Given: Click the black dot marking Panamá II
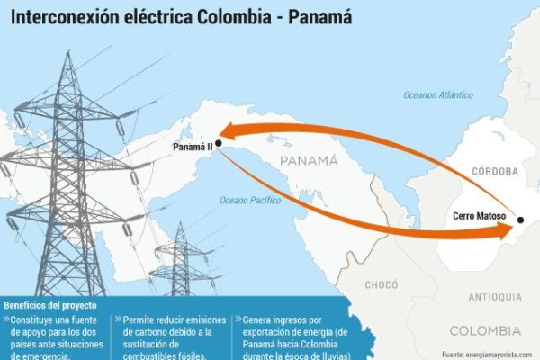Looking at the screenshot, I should pos(219,142).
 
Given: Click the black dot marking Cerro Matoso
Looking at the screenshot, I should pos(520,220).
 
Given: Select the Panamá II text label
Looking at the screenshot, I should pos(192,146).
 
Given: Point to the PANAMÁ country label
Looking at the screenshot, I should pos(308,161).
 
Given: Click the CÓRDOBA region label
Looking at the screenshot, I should pos(495,171).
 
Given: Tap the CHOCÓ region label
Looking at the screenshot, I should pos(381,285).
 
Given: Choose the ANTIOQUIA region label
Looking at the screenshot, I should pos(494,297).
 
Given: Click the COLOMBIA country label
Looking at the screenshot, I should pos(485,329).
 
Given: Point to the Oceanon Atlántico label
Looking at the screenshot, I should pos(438,94).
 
